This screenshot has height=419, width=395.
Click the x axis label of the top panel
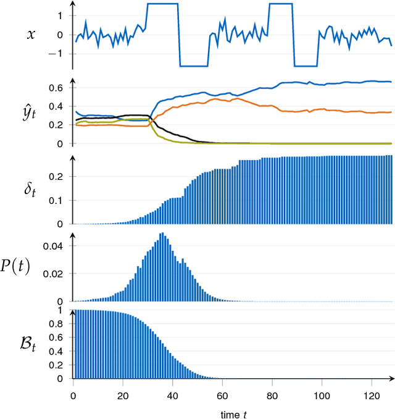[31, 35]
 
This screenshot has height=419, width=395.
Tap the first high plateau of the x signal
[162, 4]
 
